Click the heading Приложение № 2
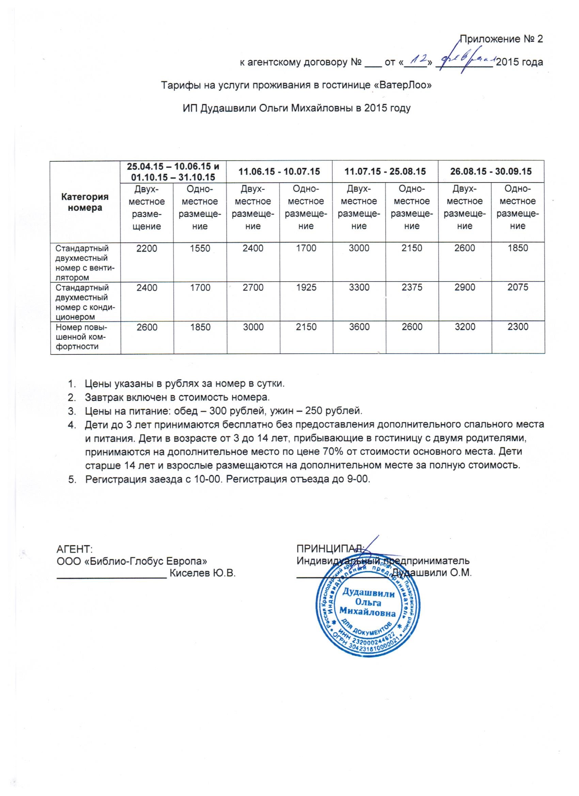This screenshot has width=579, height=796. click(x=501, y=39)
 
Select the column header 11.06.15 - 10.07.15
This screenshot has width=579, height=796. click(x=279, y=171)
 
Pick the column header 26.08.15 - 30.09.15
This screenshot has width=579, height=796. click(x=491, y=171)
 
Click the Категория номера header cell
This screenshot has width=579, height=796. click(x=85, y=202)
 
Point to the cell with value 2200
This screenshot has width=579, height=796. click(x=147, y=248)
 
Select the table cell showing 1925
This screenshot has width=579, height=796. click(x=306, y=287)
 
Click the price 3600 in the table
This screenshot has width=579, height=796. click(x=359, y=327)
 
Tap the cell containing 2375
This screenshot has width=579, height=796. click(x=412, y=287)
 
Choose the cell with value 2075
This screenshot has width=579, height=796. click(x=518, y=287)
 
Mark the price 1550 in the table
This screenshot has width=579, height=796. click(x=200, y=248)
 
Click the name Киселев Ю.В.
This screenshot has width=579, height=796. click(x=202, y=573)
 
